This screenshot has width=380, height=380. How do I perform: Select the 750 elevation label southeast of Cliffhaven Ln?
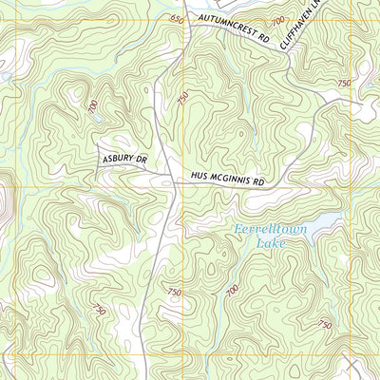click(343, 84)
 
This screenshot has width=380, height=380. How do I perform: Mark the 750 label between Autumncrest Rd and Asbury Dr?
click(182, 96)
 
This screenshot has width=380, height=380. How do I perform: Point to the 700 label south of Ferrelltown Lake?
click(233, 291)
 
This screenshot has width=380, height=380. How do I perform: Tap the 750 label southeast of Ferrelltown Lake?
click(325, 325)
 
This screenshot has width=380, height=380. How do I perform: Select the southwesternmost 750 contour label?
click(100, 310)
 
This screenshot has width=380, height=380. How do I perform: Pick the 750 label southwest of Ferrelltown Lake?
click(174, 292)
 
